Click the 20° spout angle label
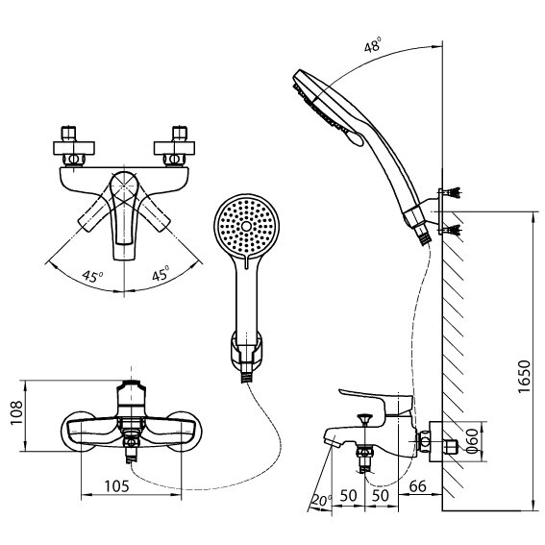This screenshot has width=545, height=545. pyautogui.click(x=320, y=501)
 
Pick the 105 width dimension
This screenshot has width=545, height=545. pyautogui.click(x=115, y=486)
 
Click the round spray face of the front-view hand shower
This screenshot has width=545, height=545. pyautogui.click(x=244, y=224)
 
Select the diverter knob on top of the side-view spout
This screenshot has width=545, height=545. pyautogui.click(x=364, y=418)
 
